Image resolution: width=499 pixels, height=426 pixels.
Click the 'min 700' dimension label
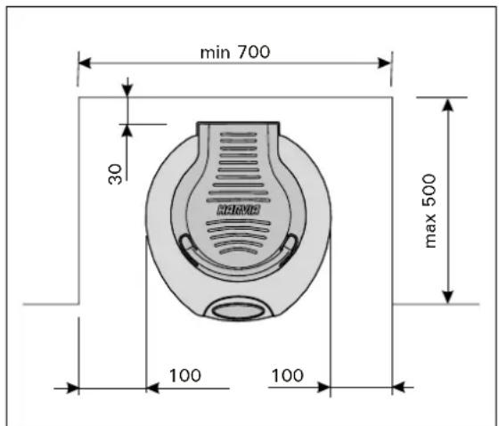235,53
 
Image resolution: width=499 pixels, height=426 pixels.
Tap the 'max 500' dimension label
429,210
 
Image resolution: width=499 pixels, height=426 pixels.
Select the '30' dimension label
115,174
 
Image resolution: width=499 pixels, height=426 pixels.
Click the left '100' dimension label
185,376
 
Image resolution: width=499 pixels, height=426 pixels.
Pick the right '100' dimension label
287,375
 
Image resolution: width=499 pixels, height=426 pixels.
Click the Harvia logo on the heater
239,209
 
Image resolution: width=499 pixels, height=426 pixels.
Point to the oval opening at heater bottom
238,310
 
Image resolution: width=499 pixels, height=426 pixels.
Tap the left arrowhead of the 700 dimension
85,62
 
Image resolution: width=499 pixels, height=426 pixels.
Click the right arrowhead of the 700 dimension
384,63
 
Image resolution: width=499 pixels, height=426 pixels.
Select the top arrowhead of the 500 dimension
447,104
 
